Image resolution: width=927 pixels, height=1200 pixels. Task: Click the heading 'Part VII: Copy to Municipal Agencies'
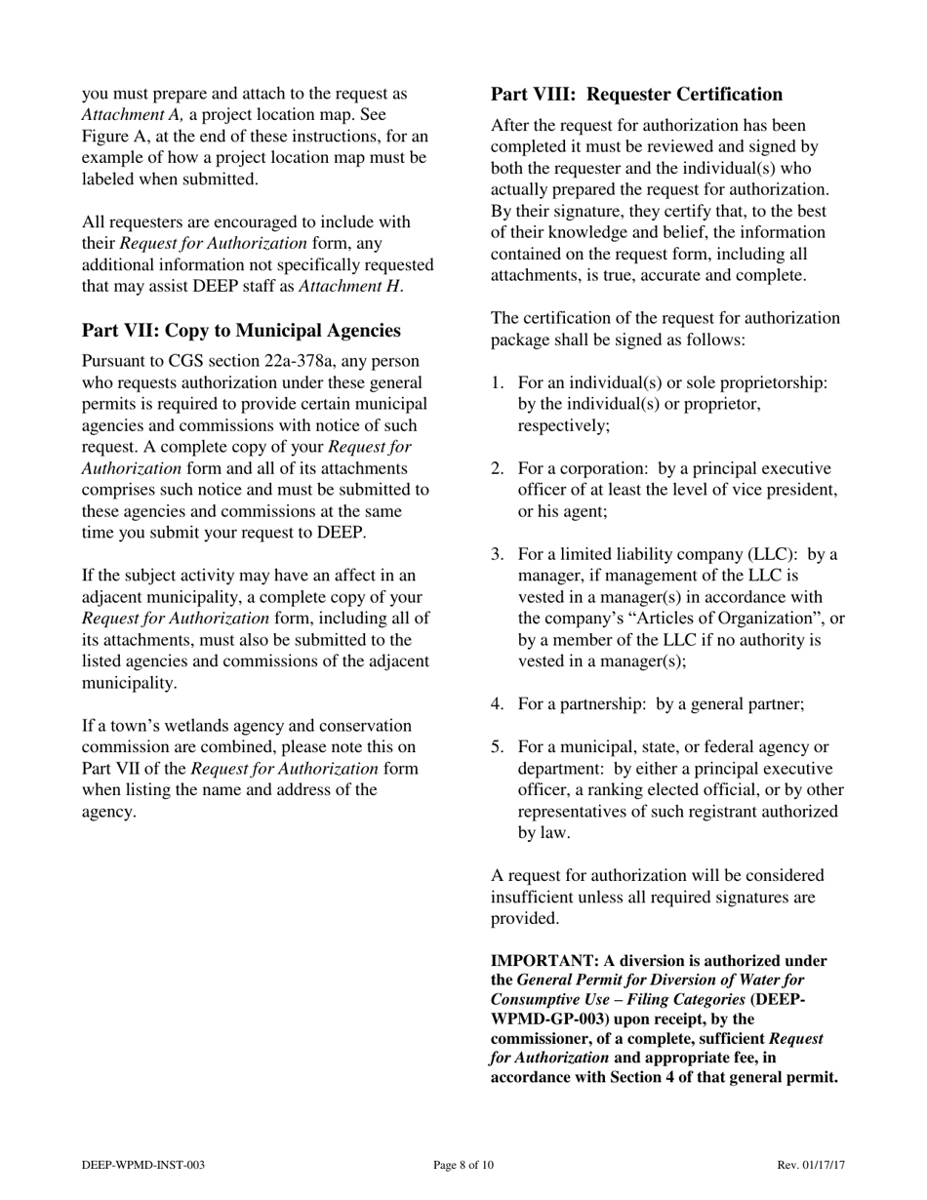(x=240, y=331)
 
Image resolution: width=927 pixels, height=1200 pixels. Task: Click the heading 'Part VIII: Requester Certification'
(x=636, y=95)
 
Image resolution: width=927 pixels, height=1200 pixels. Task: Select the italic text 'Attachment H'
(x=349, y=286)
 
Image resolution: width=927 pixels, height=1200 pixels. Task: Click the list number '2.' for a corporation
(x=498, y=468)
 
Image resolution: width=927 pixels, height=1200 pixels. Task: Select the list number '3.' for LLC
(x=498, y=554)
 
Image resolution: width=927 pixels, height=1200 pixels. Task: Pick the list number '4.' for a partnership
(x=498, y=703)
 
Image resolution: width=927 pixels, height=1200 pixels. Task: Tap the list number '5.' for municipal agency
(x=498, y=747)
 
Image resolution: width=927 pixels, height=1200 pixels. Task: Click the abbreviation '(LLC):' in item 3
(x=776, y=554)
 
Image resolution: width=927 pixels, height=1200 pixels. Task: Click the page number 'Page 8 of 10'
(x=463, y=1165)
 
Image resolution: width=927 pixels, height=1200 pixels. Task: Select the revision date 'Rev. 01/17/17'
(x=811, y=1165)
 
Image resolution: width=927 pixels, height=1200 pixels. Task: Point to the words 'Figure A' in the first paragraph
(x=115, y=137)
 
